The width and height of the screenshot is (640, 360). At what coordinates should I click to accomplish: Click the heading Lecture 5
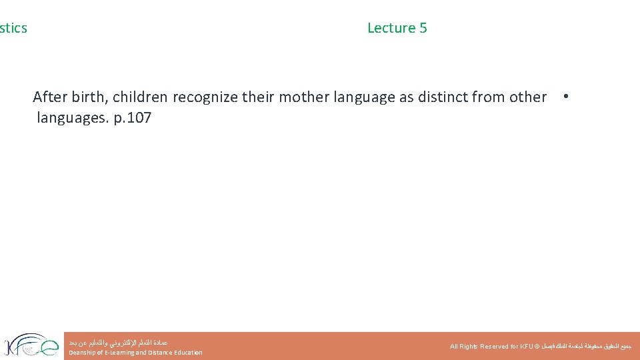[397, 28]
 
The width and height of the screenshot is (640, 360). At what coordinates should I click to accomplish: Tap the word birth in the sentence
[89, 97]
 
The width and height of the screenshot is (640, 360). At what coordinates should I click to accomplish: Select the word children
[141, 97]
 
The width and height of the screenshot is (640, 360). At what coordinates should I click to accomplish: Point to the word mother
[301, 97]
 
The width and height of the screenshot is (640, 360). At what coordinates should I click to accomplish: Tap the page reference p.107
[129, 119]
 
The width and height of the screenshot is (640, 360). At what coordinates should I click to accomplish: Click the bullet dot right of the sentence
[565, 96]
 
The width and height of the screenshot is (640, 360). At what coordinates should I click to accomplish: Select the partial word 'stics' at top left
[13, 28]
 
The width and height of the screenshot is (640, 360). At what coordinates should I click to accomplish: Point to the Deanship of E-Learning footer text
[135, 353]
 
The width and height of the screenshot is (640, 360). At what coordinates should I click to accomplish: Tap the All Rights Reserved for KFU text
[494, 347]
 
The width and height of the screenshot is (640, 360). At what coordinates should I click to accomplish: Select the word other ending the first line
[528, 97]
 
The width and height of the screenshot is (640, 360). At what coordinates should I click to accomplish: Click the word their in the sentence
[258, 97]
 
